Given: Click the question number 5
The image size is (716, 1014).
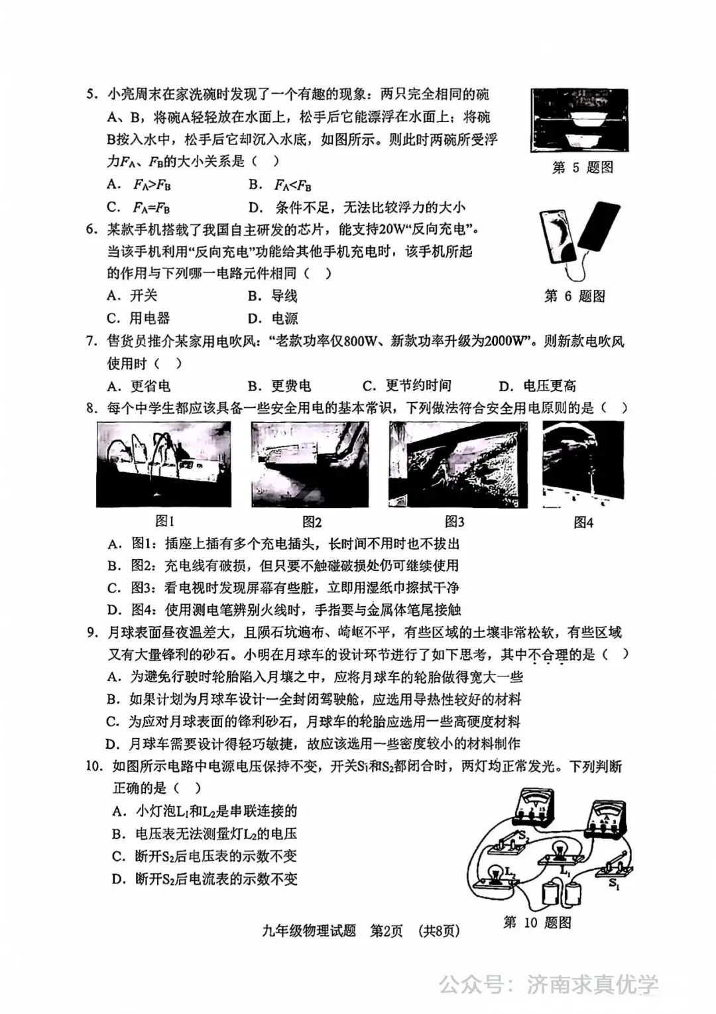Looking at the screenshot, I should [x=92, y=94].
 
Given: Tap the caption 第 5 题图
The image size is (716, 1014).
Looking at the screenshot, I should [x=582, y=167].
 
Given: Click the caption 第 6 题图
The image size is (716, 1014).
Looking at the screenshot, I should [x=574, y=296].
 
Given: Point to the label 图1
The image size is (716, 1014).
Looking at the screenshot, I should [x=164, y=521].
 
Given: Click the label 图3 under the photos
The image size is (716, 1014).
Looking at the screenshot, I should [x=454, y=521].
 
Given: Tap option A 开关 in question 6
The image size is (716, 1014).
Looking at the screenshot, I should [x=133, y=295].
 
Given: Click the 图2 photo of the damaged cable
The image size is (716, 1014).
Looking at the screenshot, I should [x=310, y=464].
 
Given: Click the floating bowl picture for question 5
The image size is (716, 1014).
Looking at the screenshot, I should [x=579, y=121].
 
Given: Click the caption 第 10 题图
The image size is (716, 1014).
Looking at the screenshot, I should [x=536, y=922].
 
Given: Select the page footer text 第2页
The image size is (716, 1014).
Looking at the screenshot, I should [x=386, y=930].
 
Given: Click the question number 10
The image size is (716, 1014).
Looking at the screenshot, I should [x=94, y=766].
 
